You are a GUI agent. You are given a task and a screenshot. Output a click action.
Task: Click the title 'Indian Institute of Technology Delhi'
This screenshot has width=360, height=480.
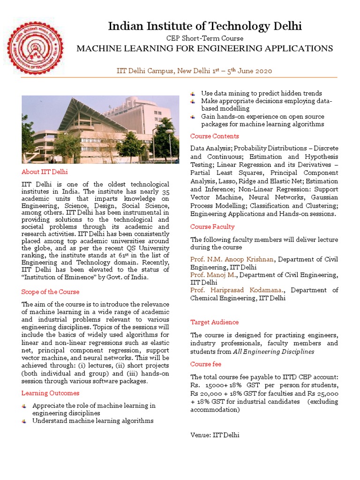point(205,26)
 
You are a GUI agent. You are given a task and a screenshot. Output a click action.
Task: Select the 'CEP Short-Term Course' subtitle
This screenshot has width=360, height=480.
point(205,38)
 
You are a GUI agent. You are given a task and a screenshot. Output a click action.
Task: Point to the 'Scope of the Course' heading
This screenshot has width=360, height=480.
point(50,292)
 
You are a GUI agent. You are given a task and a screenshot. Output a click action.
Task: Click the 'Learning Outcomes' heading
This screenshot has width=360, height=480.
point(50,393)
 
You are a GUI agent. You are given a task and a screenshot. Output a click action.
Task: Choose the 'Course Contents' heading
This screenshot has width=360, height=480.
point(214,136)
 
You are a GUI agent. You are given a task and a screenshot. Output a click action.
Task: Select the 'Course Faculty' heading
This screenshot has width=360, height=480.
point(212,226)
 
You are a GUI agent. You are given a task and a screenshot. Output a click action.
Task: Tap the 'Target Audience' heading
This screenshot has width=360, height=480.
point(214,322)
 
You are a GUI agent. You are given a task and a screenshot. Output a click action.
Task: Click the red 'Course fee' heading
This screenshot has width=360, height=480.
point(205,364)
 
